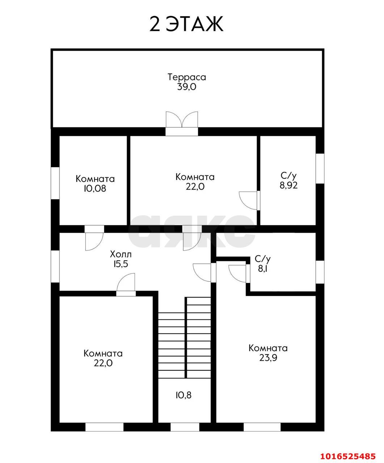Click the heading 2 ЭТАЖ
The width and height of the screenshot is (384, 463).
(x=186, y=24)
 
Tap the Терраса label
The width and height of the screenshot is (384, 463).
(x=187, y=77)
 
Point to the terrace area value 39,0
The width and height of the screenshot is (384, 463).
(x=187, y=87)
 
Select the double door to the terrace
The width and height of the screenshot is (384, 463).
(x=182, y=123)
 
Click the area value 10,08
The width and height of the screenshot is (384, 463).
(x=95, y=188)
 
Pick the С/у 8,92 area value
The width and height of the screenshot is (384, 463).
(x=288, y=185)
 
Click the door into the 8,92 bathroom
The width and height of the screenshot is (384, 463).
(x=249, y=200)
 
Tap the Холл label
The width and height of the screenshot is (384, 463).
(x=121, y=254)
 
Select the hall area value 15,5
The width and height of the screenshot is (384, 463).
(x=121, y=264)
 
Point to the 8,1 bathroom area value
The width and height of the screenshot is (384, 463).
(x=262, y=269)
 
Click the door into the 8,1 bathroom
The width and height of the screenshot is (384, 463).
(x=239, y=274)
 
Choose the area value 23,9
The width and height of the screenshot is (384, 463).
(x=268, y=358)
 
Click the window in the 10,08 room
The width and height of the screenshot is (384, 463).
(x=55, y=183)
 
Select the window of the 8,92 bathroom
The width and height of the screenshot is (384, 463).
(x=320, y=169)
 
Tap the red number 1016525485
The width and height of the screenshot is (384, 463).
(x=347, y=455)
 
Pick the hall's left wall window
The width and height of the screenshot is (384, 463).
(x=55, y=267)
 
